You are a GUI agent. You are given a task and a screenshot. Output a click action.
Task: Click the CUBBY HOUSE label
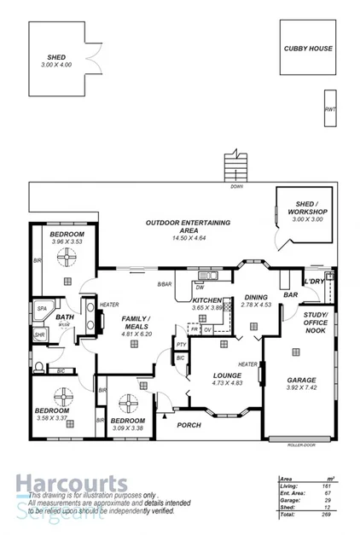[308, 49]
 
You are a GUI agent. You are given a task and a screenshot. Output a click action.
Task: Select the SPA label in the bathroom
[41, 308]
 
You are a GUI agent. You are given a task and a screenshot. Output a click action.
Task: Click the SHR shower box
[39, 335]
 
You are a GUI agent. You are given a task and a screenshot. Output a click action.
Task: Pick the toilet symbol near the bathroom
[39, 367]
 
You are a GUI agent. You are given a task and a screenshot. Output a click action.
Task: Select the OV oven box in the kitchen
[207, 329]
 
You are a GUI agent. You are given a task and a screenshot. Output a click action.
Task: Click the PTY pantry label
[181, 344]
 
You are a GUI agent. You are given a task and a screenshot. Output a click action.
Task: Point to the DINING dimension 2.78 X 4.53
[255, 305]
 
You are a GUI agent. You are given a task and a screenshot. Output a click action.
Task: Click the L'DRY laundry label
[315, 281]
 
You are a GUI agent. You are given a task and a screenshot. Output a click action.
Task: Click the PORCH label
[188, 425]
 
